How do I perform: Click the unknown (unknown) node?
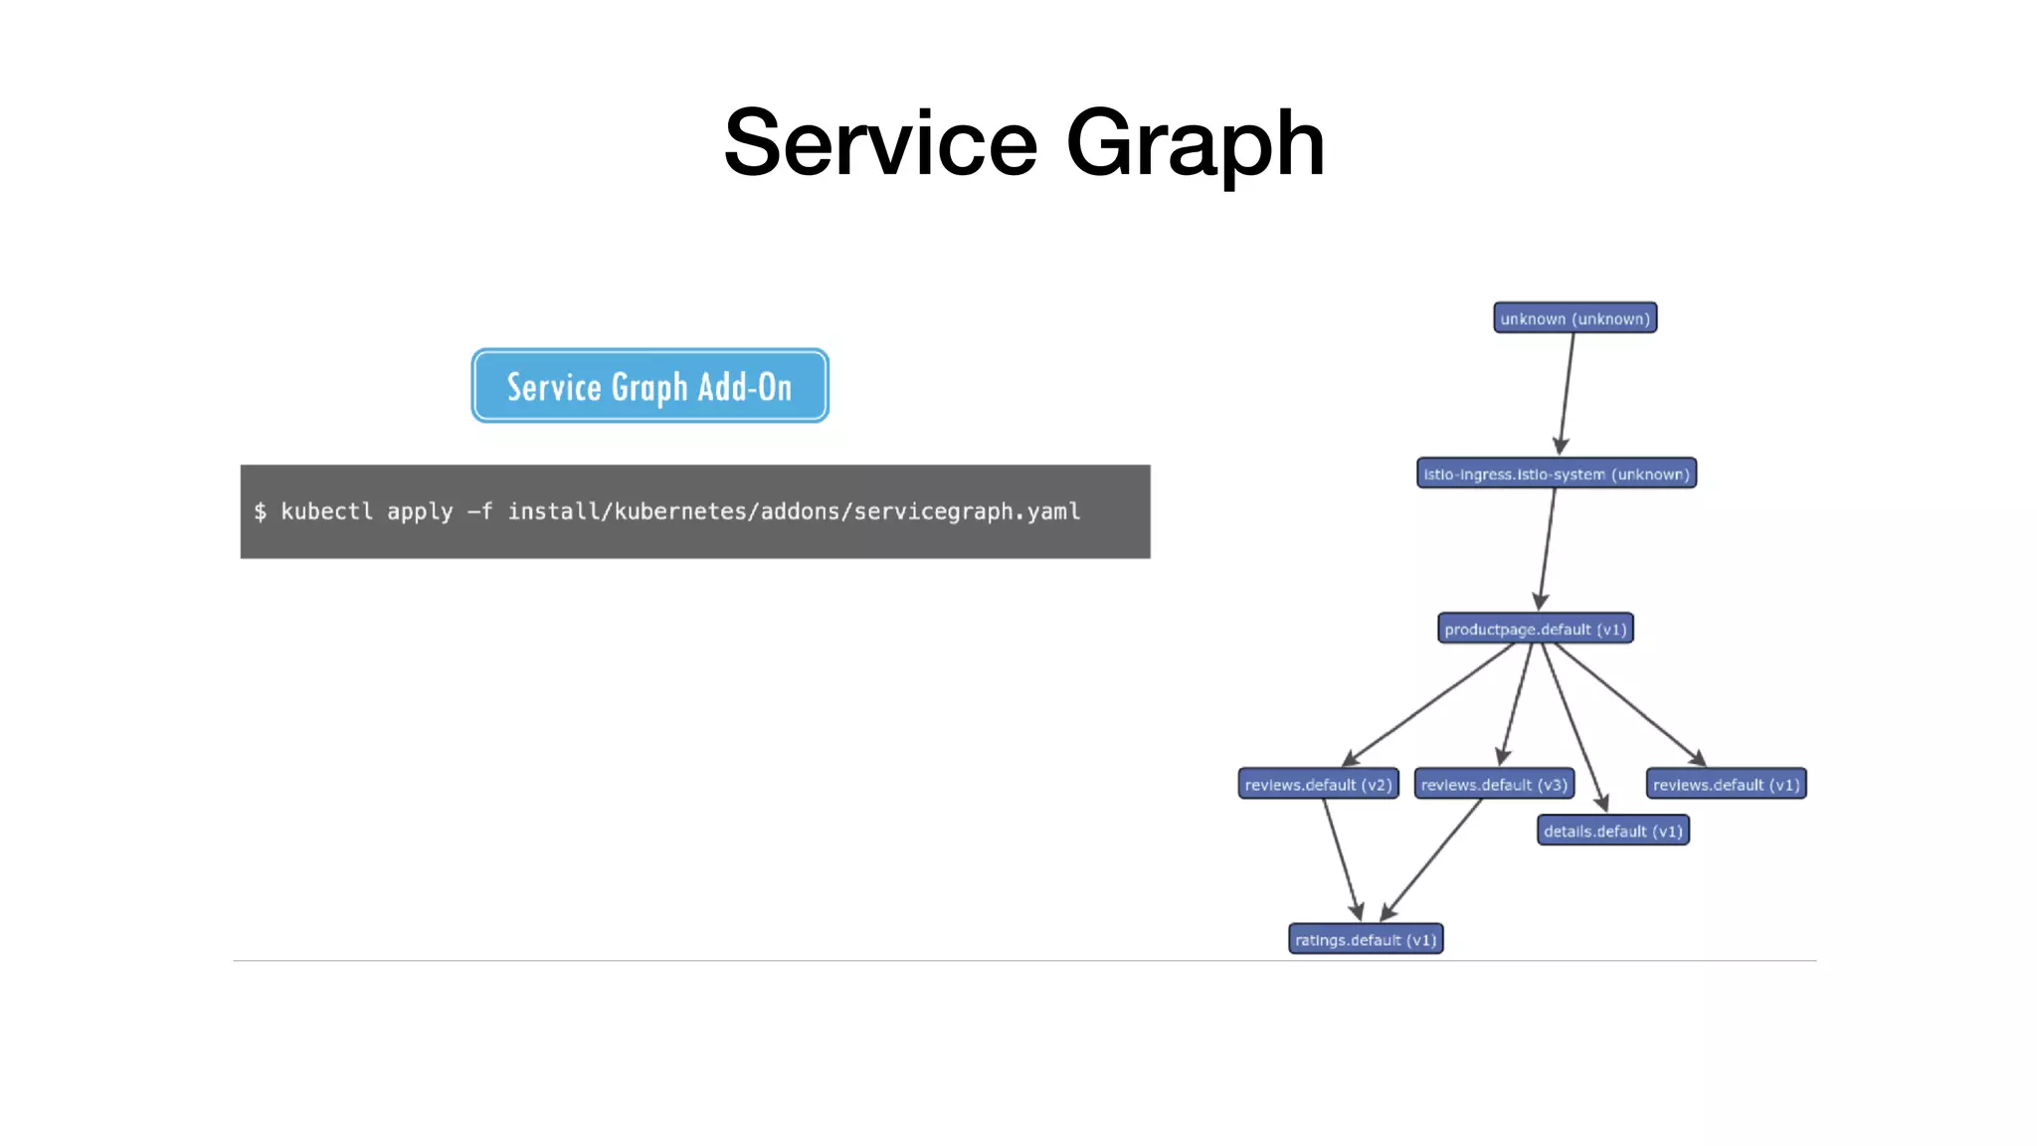(1574, 318)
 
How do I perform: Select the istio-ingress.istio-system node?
(1556, 474)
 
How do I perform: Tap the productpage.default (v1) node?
(1535, 629)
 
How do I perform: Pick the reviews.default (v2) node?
(1318, 784)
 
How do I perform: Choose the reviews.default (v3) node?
(1494, 784)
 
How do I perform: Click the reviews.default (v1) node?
(1726, 784)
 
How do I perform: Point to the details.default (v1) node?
(1612, 831)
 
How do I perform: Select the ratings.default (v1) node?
(1366, 939)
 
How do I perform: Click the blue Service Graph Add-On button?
(649, 386)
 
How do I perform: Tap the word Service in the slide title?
(880, 144)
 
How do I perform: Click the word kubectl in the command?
(326, 511)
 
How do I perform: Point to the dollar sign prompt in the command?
(261, 511)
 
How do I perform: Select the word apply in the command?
(420, 511)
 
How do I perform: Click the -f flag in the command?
(480, 511)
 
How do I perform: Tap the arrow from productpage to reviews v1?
(1629, 703)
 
